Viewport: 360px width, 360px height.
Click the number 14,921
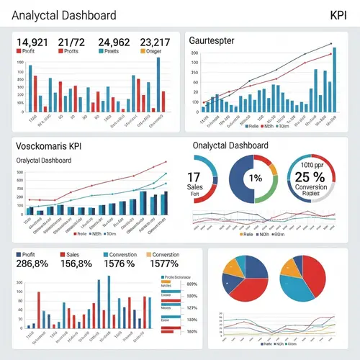click(32, 42)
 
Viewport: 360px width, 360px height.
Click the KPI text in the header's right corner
click(338, 15)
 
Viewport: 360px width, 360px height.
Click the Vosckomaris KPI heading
click(48, 145)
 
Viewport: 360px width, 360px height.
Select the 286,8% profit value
click(32, 264)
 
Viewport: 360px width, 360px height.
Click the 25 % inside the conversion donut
click(310, 177)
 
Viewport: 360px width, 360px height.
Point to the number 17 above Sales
click(194, 177)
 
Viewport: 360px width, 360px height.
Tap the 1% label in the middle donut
click(255, 178)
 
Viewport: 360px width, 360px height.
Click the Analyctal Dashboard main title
click(65, 15)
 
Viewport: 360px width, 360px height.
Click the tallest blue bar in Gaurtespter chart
click(334, 80)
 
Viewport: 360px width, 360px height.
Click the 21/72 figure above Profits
click(71, 42)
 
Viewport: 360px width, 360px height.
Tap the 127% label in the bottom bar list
click(192, 308)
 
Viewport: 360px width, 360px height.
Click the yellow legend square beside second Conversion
click(149, 255)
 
